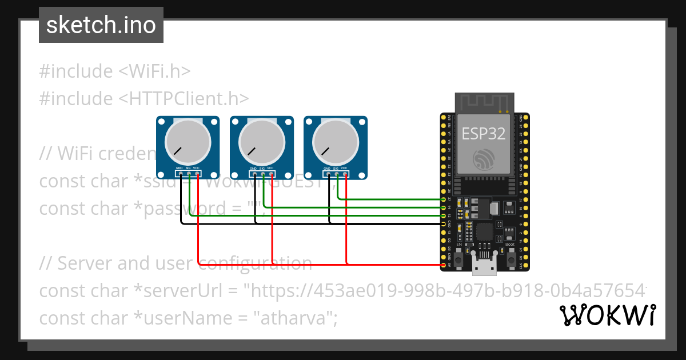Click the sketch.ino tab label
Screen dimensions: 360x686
click(x=101, y=25)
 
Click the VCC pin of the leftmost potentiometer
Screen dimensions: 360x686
click(x=197, y=173)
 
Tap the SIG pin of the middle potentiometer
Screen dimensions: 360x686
click(x=262, y=173)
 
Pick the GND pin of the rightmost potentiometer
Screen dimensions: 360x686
click(x=328, y=173)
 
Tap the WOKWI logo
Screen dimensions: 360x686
click(x=607, y=315)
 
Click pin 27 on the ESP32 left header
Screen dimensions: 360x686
click(x=444, y=199)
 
